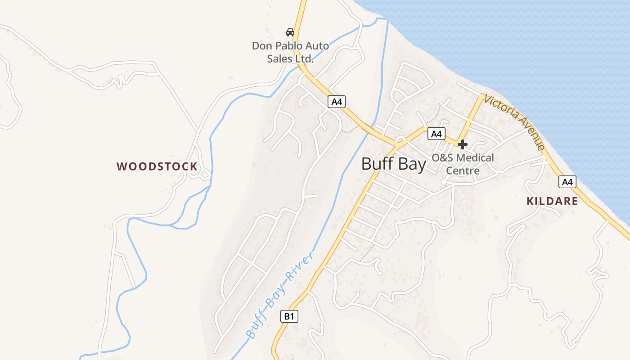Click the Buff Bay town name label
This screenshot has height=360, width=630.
393,164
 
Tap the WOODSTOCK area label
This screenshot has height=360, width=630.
157,166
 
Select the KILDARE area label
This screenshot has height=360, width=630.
552,201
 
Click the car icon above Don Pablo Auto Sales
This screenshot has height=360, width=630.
290,32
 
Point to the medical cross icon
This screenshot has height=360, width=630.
463,144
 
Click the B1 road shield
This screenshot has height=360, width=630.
289,316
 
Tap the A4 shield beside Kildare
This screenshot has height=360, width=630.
567,182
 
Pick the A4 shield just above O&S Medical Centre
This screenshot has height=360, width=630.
436,134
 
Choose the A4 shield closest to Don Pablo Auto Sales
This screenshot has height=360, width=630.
337,102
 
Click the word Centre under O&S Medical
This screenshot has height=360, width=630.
463,171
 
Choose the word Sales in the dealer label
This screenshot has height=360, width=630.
279,58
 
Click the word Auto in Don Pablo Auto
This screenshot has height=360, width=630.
318,46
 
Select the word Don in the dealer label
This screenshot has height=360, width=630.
261,46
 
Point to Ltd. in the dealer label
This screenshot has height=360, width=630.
303,58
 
